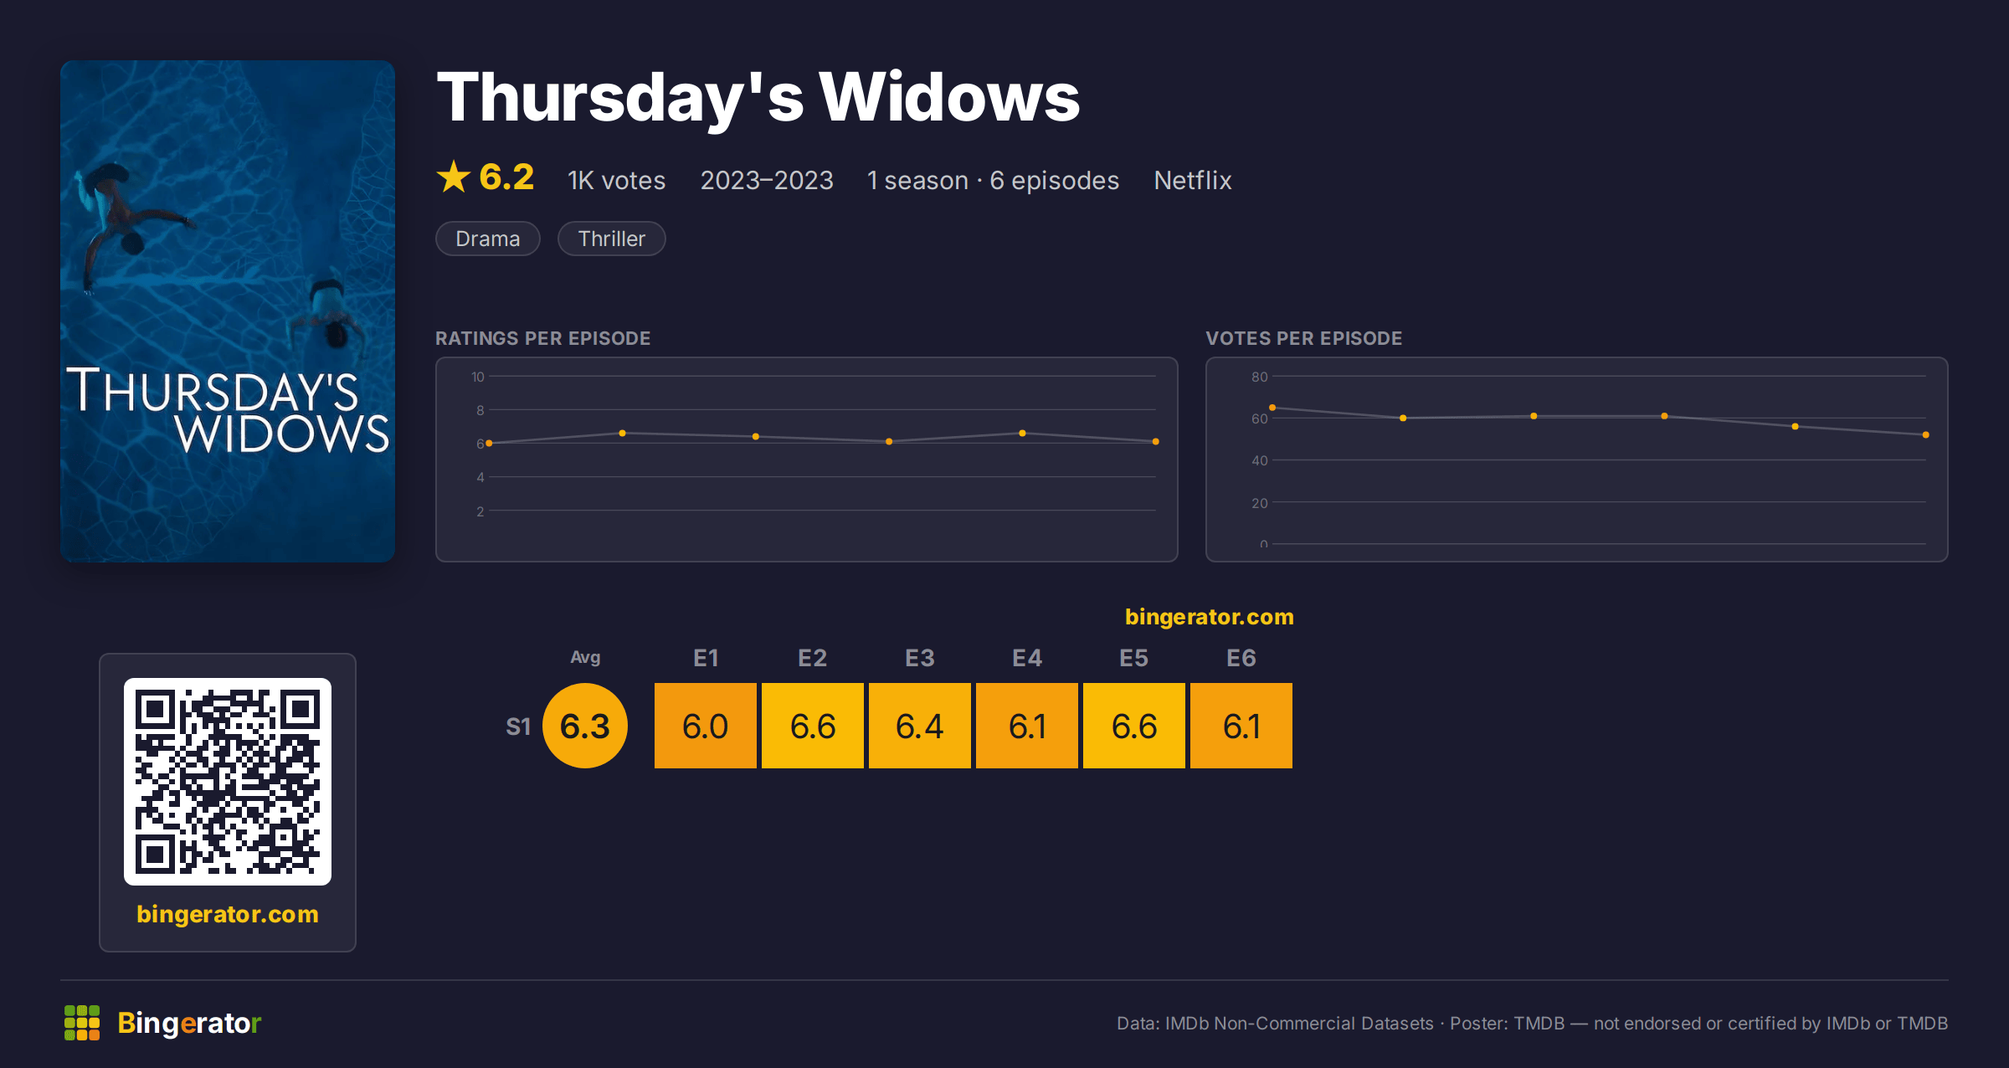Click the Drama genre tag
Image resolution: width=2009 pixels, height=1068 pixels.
488,239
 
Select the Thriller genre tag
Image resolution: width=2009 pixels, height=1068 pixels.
612,239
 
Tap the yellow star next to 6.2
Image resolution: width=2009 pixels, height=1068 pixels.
454,177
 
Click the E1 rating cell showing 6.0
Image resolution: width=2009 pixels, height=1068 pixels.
706,726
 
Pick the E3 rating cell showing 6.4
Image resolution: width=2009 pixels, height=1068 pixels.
920,726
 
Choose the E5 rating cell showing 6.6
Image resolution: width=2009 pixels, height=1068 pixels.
1134,726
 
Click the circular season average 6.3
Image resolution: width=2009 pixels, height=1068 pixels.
585,726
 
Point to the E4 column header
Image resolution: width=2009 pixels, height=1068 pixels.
1027,658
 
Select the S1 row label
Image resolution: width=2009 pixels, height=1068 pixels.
518,727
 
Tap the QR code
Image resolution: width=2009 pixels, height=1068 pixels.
228,782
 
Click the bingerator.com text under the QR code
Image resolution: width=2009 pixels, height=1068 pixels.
228,914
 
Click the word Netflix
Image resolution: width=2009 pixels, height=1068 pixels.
1193,180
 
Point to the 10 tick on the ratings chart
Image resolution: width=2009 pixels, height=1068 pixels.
478,377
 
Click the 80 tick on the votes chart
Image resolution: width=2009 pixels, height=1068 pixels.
1260,377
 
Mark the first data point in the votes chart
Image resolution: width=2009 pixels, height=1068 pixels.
1272,408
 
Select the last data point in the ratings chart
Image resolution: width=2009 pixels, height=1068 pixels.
1156,441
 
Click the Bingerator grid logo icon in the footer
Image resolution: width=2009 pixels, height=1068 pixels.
82,1023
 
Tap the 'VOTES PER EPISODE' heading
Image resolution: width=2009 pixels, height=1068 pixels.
1304,338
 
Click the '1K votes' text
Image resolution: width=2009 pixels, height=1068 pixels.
617,180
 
